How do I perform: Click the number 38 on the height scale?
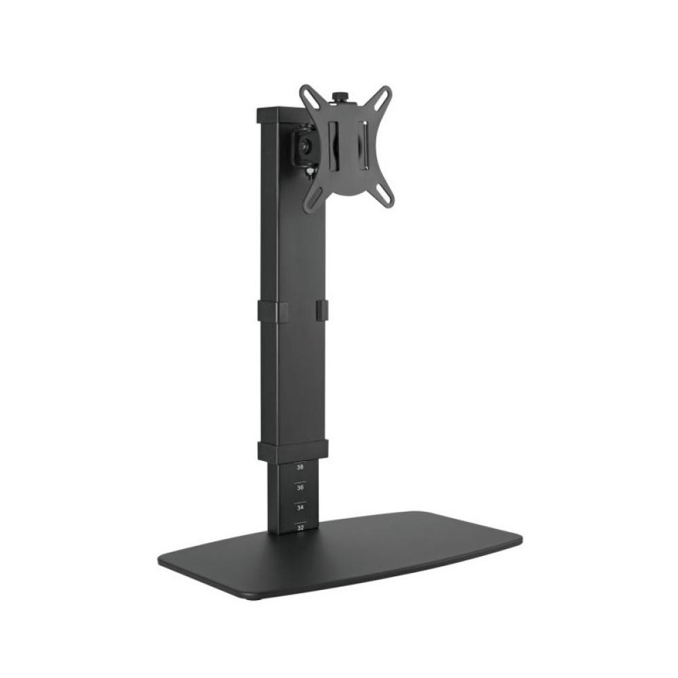coord(300,467)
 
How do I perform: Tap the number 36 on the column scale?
coord(300,487)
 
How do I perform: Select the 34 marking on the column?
coord(300,507)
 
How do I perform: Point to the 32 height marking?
coord(300,526)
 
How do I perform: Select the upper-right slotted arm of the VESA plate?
coord(382,99)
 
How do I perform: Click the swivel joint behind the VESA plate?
coord(304,144)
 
